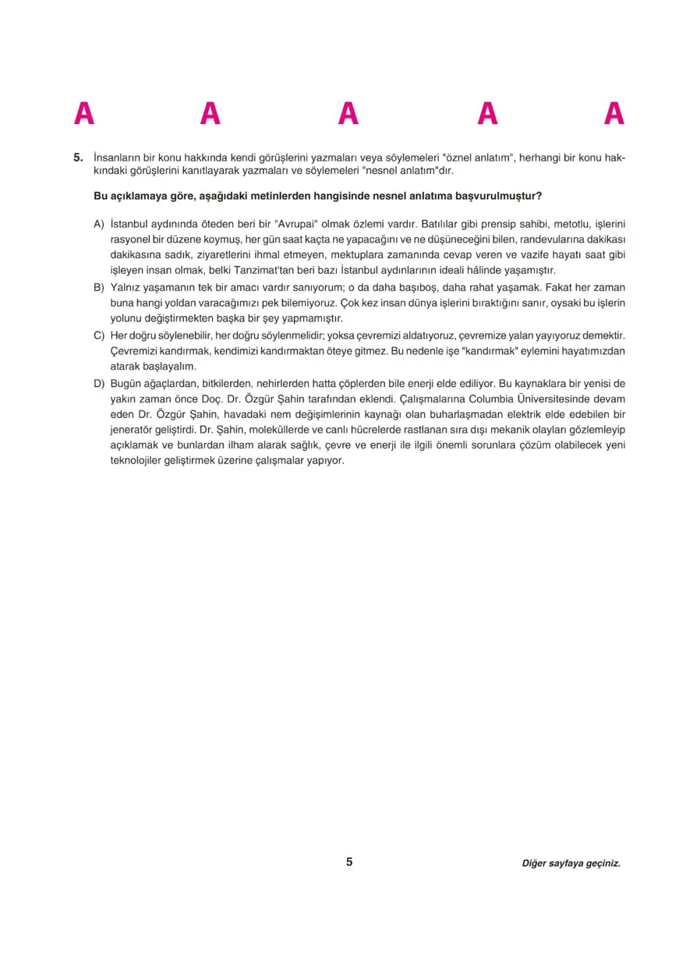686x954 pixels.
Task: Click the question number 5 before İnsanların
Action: [78, 157]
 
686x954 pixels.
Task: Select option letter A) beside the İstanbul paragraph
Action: [99, 224]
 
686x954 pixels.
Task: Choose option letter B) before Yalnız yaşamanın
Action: [99, 287]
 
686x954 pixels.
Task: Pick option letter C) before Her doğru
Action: [99, 335]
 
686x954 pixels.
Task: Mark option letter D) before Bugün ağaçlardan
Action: [99, 383]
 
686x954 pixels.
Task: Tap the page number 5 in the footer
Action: [349, 862]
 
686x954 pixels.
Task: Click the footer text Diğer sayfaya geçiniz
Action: [571, 864]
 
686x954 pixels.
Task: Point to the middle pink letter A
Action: [348, 115]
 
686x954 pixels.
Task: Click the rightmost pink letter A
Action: [614, 115]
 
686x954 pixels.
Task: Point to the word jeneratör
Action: [134, 430]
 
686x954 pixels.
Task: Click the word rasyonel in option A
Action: [130, 239]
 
